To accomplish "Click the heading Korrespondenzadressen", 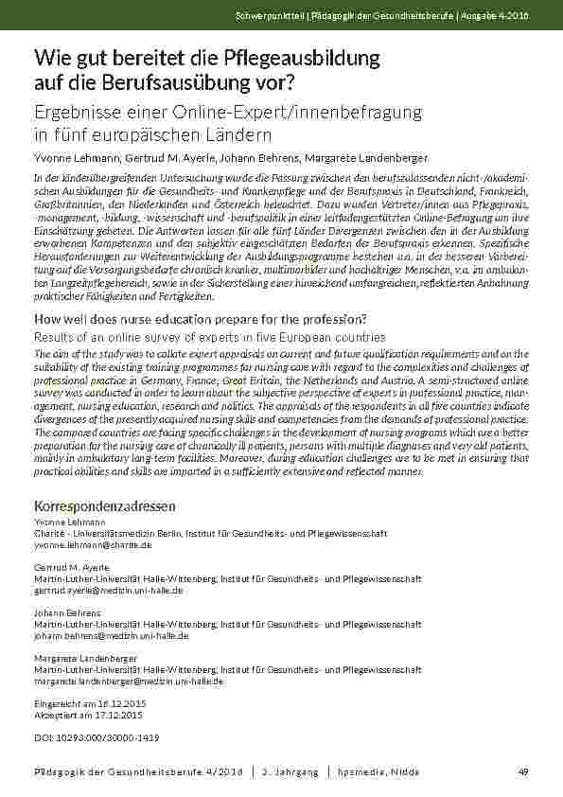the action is click(104, 506).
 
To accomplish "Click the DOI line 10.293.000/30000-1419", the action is click(97, 736).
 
